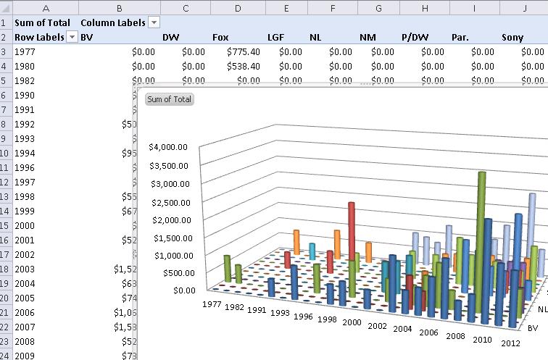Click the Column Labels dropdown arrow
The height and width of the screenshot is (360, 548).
tap(154, 22)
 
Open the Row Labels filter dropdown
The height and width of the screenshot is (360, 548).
tap(72, 37)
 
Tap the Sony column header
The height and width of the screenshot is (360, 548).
tap(512, 37)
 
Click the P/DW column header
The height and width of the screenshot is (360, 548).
tap(415, 37)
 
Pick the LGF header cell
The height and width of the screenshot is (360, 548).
tap(276, 37)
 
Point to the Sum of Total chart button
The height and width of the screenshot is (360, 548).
tap(169, 99)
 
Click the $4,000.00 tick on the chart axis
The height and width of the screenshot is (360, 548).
tap(168, 147)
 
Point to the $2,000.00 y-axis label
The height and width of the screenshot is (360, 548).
tap(168, 219)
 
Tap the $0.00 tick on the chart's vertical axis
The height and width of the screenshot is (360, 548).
tap(177, 290)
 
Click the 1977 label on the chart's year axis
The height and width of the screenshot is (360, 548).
tap(212, 304)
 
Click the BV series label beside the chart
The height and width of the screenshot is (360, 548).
tap(533, 328)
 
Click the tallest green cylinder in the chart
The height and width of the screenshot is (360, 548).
tap(481, 232)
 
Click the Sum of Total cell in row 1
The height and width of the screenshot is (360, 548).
tap(42, 22)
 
